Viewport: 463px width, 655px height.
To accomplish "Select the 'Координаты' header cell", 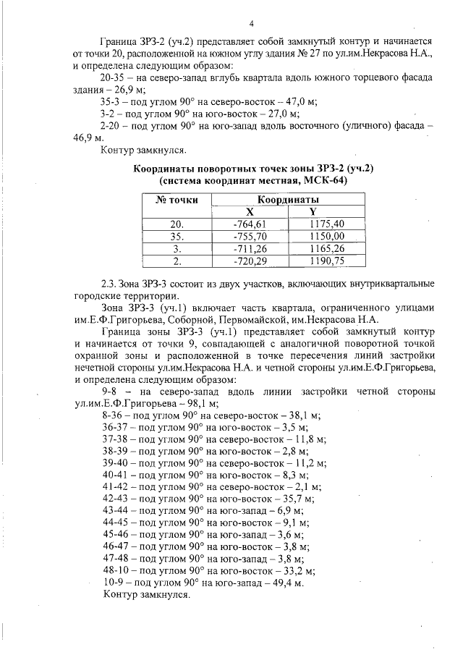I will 288,199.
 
